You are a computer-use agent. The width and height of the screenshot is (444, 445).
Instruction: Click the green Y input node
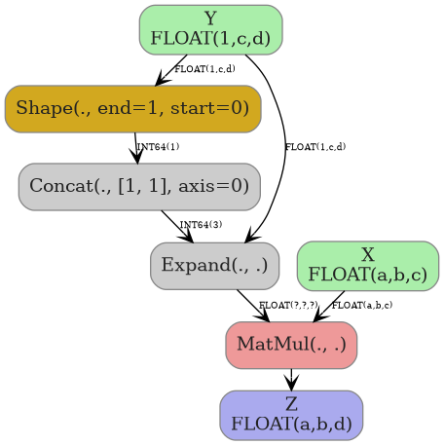[210, 29]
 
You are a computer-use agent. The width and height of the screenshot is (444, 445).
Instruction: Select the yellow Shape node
[132, 108]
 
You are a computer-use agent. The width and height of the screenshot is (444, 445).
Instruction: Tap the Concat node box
[139, 186]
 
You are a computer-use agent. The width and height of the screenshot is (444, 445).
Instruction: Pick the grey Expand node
[214, 266]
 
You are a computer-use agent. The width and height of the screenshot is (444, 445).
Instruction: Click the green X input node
[367, 265]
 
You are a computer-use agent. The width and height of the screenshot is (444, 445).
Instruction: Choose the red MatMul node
[291, 345]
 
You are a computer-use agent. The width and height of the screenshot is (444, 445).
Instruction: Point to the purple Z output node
[291, 415]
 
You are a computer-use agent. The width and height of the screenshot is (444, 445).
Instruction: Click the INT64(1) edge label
[158, 147]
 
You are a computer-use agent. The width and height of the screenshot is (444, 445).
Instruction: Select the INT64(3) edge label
[201, 225]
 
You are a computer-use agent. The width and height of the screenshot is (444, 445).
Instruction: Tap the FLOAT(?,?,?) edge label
[261, 306]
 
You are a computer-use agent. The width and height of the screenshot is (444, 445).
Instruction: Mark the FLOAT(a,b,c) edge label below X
[362, 306]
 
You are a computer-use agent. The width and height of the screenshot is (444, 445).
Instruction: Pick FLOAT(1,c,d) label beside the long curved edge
[314, 147]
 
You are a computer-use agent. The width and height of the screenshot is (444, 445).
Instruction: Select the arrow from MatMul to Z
[291, 380]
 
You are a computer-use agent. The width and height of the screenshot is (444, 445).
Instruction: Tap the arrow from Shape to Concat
[135, 147]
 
